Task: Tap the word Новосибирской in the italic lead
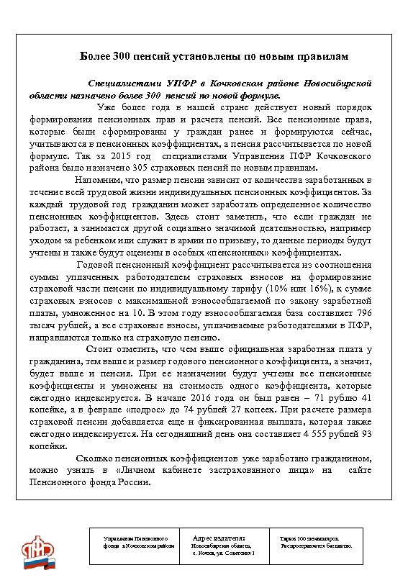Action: pyautogui.click(x=337, y=83)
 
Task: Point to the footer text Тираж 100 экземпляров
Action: pyautogui.click(x=309, y=538)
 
